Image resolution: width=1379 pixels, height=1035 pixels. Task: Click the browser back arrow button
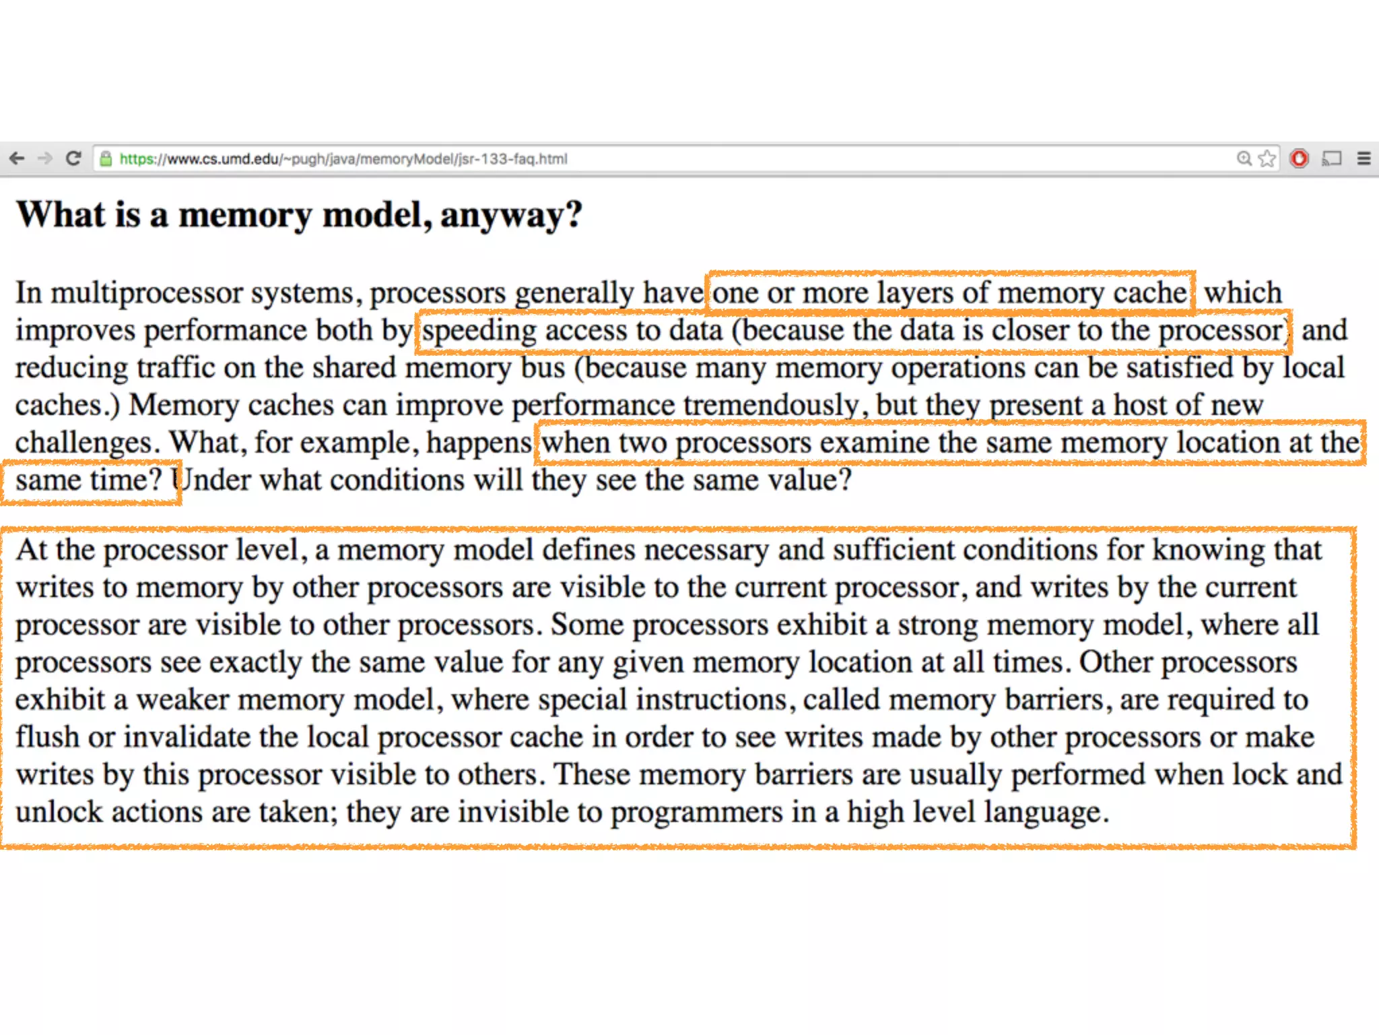[18, 158]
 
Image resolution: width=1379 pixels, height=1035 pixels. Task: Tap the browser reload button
[73, 158]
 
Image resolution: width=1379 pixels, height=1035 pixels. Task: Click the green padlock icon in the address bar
[106, 159]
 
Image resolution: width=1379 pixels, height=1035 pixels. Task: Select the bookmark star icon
[1267, 158]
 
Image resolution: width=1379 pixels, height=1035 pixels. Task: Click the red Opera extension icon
[1299, 158]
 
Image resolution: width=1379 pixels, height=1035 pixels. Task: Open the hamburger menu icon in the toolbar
[1364, 158]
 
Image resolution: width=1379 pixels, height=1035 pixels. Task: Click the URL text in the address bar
[343, 159]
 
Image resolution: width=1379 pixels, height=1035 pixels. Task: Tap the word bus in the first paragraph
[543, 368]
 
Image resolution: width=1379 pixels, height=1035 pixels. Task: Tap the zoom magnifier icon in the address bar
[1244, 158]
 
